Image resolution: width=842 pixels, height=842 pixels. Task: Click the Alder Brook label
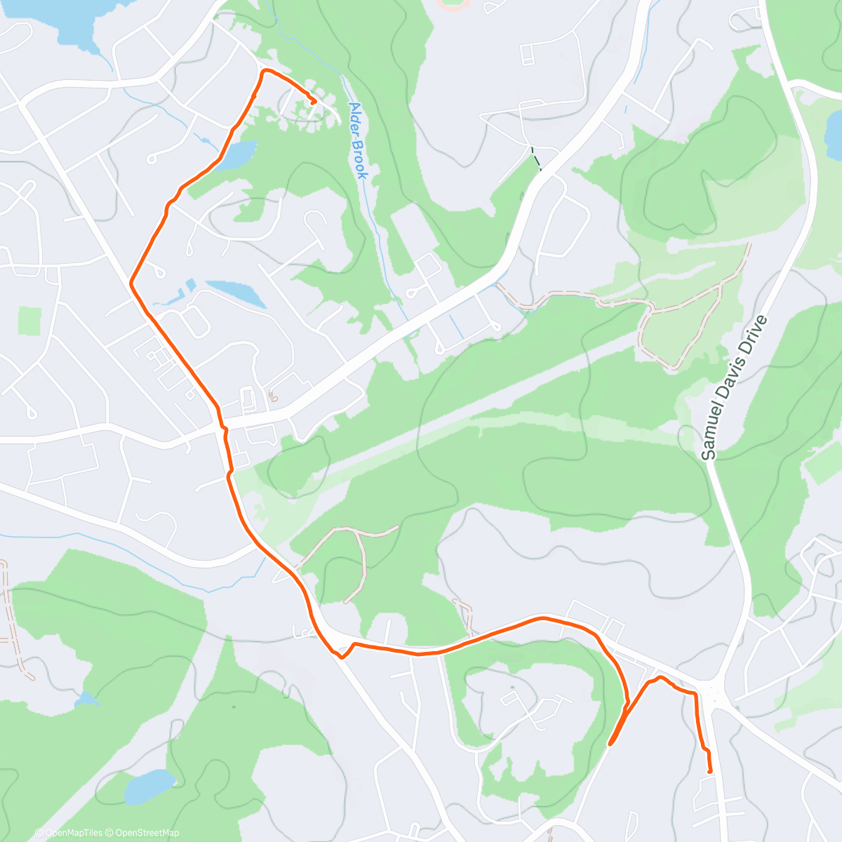(358, 141)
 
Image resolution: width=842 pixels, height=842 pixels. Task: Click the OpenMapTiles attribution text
(69, 833)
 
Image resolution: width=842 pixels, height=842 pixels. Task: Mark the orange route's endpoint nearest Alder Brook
(313, 102)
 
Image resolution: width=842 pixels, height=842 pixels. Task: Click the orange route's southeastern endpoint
(710, 771)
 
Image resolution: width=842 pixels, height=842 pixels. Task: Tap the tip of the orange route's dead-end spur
(610, 743)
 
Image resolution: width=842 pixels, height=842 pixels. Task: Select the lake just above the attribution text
(149, 786)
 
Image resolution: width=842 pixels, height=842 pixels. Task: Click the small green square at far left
(29, 321)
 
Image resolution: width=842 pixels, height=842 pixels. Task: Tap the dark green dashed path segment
(536, 159)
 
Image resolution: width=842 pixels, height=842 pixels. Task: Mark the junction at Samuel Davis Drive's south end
(714, 695)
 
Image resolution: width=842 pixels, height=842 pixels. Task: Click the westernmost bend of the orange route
(131, 283)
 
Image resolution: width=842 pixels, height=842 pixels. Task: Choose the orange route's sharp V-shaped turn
(342, 657)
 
